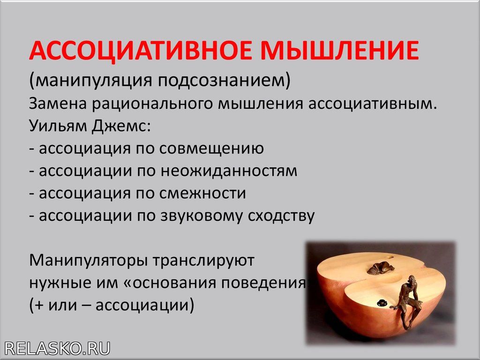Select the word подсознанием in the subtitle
(224, 81)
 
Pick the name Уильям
(58, 126)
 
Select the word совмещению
(211, 149)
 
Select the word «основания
(170, 283)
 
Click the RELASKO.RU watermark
(57, 349)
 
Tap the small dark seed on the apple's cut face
(382, 302)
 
